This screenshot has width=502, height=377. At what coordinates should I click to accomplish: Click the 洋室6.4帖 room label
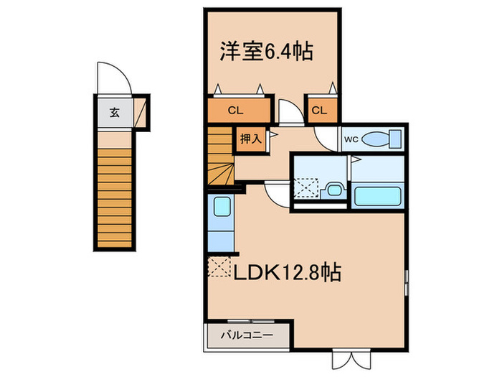click(x=265, y=52)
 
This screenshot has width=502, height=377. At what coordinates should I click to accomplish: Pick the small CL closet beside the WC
click(x=319, y=110)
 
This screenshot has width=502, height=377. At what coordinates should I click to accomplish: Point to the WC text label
click(x=351, y=139)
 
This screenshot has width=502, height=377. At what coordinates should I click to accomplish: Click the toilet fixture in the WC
click(x=379, y=139)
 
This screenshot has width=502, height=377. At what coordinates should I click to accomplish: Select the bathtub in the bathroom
click(x=378, y=195)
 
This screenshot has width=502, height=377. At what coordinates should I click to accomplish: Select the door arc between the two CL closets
click(x=290, y=115)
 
